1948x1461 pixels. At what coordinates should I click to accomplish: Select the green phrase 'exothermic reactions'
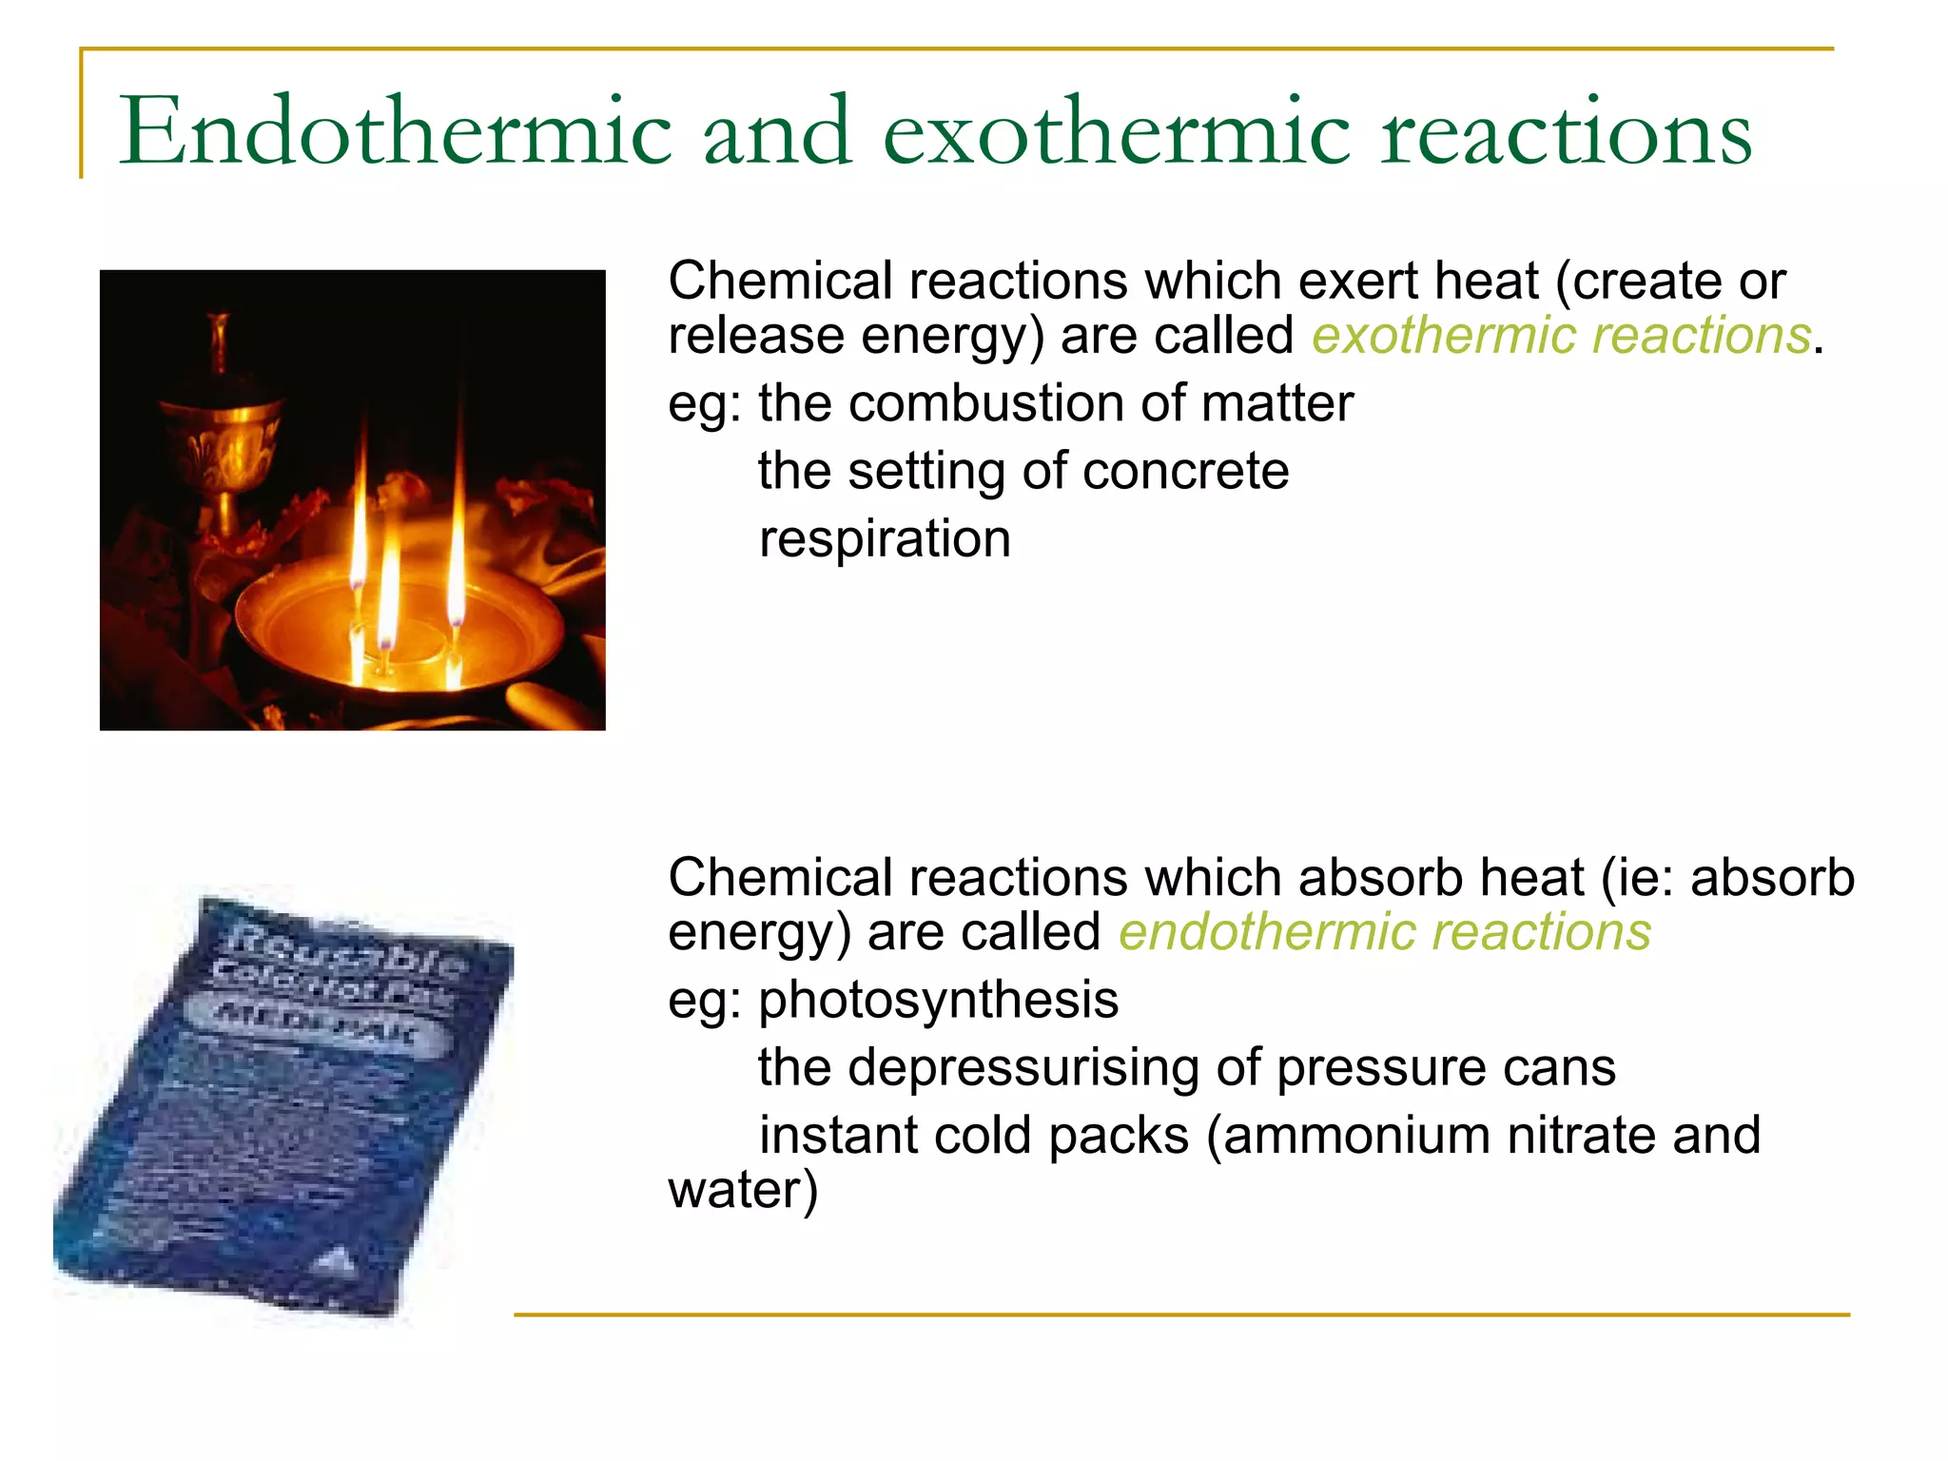(1561, 336)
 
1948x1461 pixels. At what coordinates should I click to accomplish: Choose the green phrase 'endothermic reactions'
(1384, 932)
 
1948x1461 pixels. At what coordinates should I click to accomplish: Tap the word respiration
(885, 539)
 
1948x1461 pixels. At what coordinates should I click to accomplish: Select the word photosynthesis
(938, 1000)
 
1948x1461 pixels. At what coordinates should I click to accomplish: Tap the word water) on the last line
(742, 1190)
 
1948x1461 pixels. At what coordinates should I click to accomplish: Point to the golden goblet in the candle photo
(224, 428)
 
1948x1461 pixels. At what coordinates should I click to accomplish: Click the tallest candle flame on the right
(458, 533)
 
